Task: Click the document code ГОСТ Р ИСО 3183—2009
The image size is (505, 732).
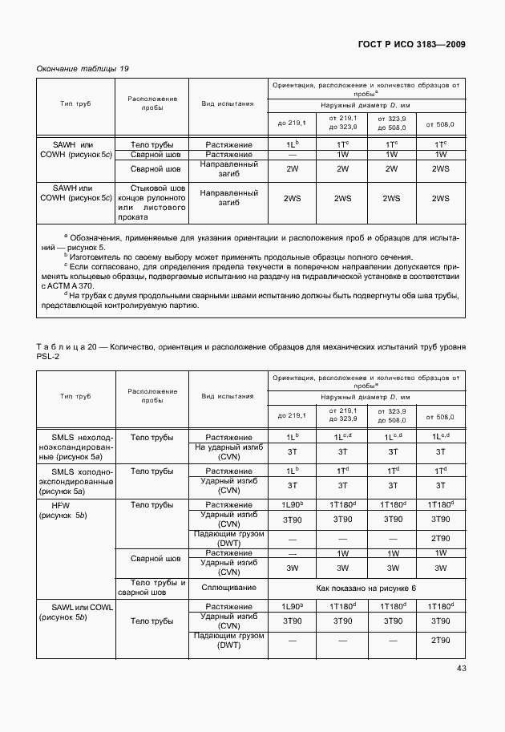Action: (x=410, y=44)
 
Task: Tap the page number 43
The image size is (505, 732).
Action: (x=461, y=668)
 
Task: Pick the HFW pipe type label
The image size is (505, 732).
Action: (x=61, y=505)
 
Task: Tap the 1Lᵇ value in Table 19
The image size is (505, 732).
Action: (x=293, y=144)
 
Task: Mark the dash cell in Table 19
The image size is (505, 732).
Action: (x=293, y=154)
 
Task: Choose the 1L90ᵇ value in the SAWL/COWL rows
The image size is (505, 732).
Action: (x=293, y=606)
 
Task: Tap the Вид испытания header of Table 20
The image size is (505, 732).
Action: (x=228, y=396)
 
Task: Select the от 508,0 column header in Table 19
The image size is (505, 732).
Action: (x=440, y=124)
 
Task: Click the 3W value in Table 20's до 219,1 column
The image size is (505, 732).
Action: (x=293, y=568)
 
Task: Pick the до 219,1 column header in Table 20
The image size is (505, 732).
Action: (x=293, y=416)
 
